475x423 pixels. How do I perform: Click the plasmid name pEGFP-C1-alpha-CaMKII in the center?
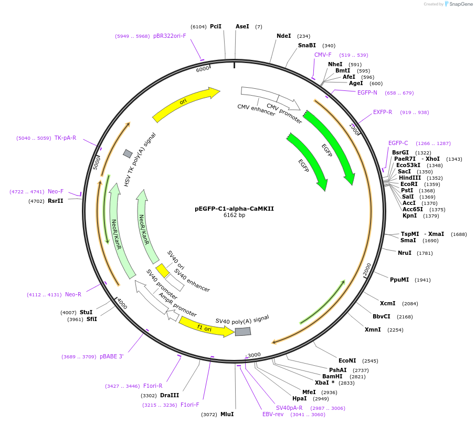coord(234,209)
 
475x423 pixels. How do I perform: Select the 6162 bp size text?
coord(234,215)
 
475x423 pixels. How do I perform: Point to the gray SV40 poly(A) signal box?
coord(243,332)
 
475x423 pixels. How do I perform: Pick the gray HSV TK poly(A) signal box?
coord(128,153)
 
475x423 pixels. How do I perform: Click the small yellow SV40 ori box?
coord(162,271)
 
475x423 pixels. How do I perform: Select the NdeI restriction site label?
coord(283,36)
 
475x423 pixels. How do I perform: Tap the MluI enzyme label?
coord(227,414)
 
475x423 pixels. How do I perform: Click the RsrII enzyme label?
coord(56,201)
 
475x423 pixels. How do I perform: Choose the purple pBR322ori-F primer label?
coord(170,36)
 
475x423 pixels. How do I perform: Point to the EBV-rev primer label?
coord(273,414)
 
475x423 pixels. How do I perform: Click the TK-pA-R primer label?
coord(65,138)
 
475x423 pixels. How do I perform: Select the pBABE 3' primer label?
coord(111,357)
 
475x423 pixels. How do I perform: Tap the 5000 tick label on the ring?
coord(96,163)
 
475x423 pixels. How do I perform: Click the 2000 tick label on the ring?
coord(367,270)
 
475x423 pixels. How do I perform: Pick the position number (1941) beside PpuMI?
coord(423,280)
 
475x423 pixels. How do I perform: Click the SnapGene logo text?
coord(461,4)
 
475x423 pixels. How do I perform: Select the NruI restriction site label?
coord(405,253)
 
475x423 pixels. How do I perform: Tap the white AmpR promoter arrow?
coord(173,316)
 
